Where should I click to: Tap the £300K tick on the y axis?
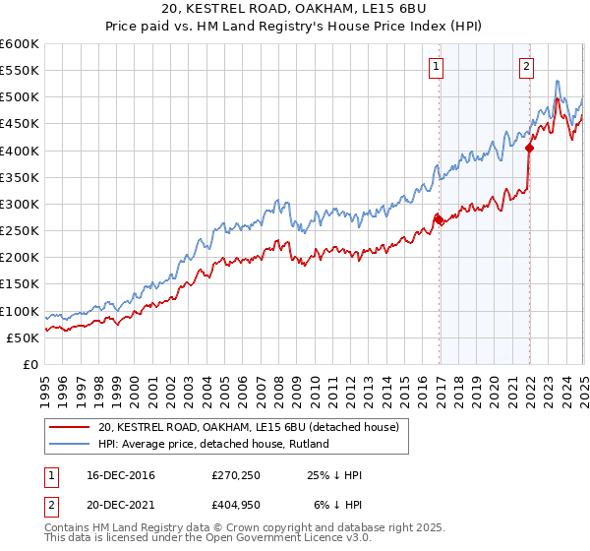[x=20, y=205]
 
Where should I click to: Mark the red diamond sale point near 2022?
[x=529, y=149]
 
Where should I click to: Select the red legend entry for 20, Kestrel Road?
[x=248, y=427]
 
